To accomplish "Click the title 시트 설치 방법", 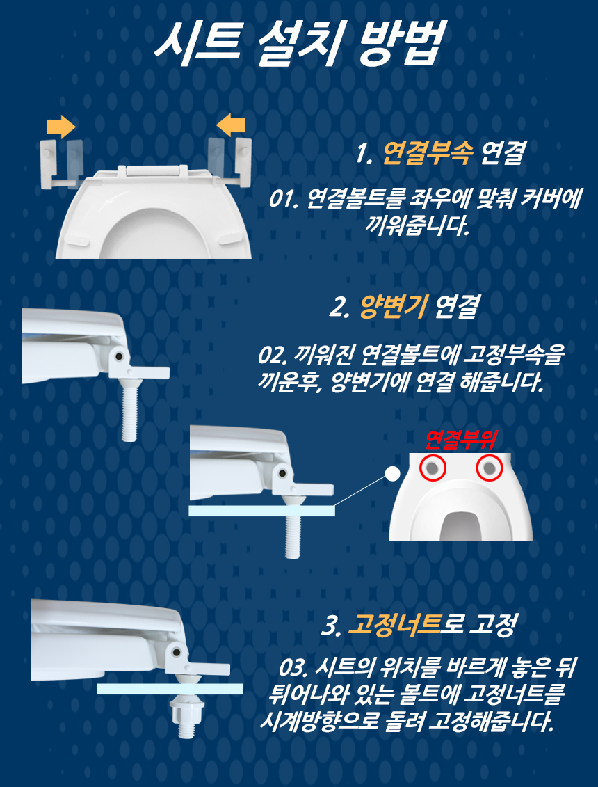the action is pos(299,43).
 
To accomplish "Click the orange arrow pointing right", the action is pos(61,127).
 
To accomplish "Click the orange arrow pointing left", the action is pos(230,123).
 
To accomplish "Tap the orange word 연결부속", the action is pos(427,154).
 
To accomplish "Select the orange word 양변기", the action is pos(393,307).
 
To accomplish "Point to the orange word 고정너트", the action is pos(394,625).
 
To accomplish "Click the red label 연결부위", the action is pos(460,440).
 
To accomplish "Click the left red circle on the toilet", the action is pos(433,468).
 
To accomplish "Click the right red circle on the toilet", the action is pos(489,468).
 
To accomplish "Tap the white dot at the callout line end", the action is pos(392,472).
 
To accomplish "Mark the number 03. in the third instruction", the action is pos(295,669).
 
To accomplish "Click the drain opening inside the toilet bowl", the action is pos(460,527).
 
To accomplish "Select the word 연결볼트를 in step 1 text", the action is pos(354,199).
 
